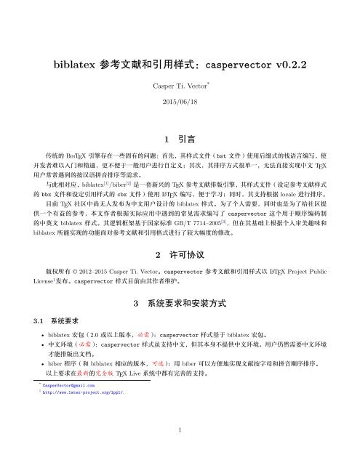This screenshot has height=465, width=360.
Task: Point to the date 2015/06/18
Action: tap(180, 103)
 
